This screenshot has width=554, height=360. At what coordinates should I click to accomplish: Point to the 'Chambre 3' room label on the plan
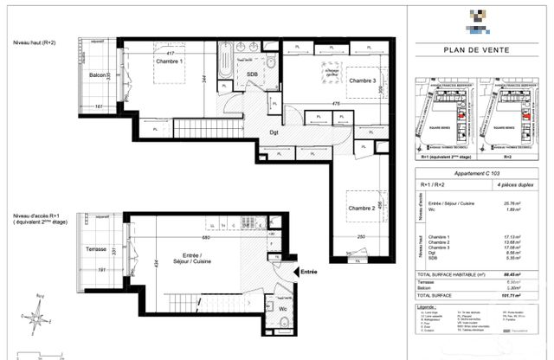pyautogui.click(x=366, y=80)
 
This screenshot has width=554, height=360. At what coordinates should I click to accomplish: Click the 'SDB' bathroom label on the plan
pyautogui.click(x=253, y=74)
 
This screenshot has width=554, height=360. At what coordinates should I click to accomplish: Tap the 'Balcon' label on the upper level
pyautogui.click(x=98, y=76)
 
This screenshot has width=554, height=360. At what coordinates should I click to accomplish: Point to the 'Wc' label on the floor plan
pyautogui.click(x=282, y=307)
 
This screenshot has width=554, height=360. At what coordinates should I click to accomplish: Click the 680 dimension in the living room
pyautogui.click(x=204, y=237)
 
